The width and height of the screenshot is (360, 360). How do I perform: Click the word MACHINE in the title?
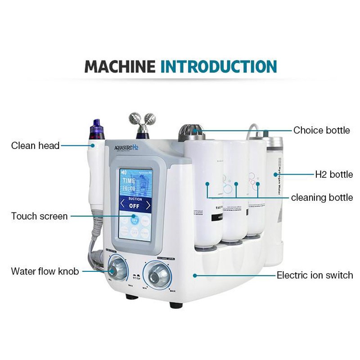121,66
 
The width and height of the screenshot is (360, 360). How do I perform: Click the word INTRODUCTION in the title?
219,66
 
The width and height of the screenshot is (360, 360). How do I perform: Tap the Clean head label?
35,146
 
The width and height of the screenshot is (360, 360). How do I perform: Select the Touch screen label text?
40,216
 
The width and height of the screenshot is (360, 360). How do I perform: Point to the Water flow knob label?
45,271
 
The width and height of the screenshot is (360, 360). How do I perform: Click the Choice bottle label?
321,130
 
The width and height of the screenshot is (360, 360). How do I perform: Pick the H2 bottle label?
333,174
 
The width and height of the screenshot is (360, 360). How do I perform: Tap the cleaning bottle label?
322,198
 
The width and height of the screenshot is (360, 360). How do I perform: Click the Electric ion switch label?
315,275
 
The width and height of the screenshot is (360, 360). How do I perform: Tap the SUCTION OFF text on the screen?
135,204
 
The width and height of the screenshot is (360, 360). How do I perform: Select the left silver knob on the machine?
117,270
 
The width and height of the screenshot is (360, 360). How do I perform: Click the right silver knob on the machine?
156,274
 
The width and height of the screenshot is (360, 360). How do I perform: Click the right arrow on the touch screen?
148,206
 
